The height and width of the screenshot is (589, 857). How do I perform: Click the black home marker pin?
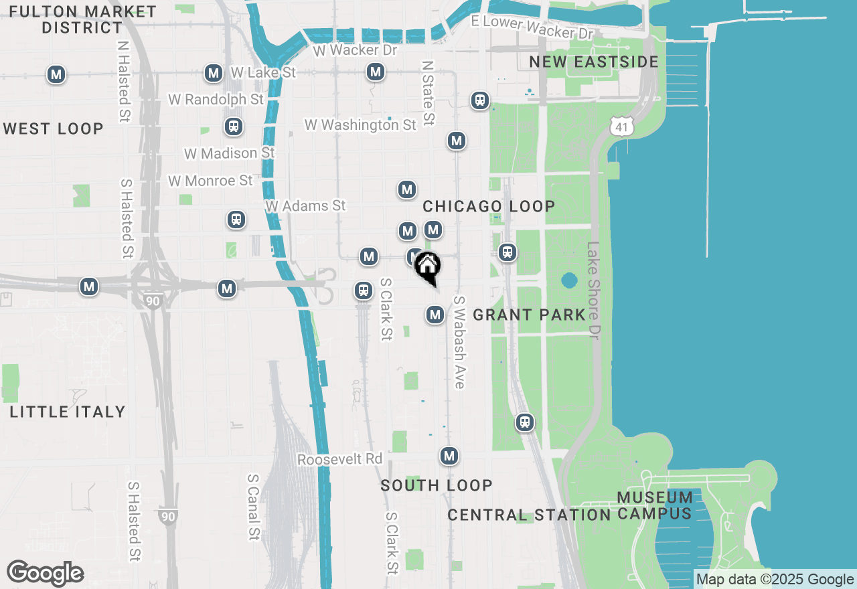426,266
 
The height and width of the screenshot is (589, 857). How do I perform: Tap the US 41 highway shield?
621,124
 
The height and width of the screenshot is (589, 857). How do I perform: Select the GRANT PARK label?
529,315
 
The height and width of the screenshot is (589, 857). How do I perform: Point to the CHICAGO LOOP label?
489,206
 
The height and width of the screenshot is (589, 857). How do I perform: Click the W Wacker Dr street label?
355,50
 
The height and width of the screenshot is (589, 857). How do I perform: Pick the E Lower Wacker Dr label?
532,27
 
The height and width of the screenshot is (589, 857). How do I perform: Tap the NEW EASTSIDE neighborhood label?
594,62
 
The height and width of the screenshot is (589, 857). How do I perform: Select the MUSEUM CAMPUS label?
655,505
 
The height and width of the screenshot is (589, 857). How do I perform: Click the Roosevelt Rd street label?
339,460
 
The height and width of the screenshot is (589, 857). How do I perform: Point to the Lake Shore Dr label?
593,290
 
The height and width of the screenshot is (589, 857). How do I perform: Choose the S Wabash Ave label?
459,342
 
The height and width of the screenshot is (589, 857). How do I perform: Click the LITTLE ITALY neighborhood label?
68,412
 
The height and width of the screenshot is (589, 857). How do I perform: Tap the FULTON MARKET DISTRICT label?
83,20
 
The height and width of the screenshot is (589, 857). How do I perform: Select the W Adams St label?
305,206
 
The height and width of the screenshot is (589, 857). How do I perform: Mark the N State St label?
428,93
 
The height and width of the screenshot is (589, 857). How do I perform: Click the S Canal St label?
253,507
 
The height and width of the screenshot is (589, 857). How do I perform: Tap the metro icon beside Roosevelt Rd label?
449,456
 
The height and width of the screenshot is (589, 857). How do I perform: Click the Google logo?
45,574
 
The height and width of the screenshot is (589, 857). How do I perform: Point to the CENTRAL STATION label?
529,515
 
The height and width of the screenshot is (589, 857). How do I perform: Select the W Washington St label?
360,125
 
